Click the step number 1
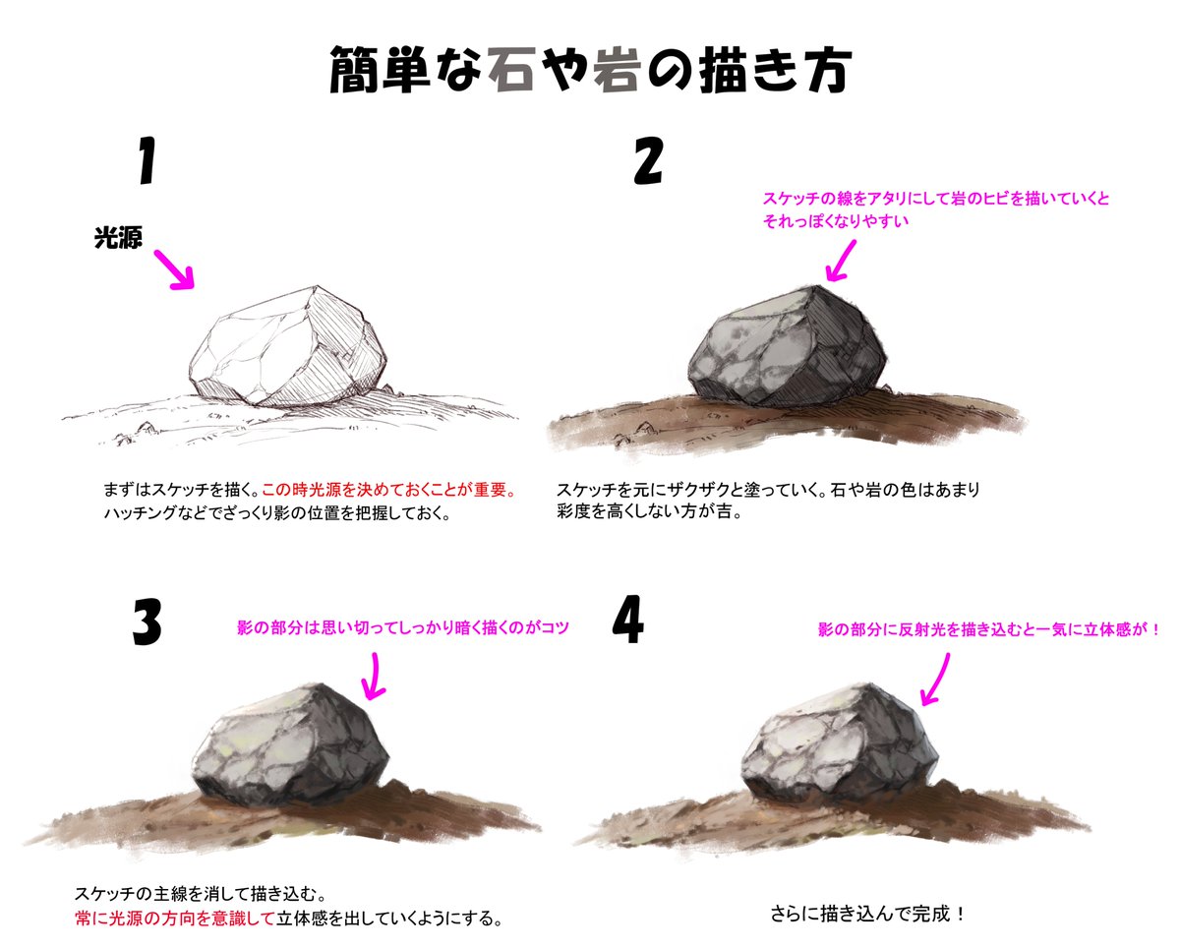tap(147, 160)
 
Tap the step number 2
tap(649, 160)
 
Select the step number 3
tap(147, 622)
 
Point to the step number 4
tap(627, 619)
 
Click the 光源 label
tap(118, 238)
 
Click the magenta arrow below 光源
tap(174, 269)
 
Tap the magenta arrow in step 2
tap(841, 262)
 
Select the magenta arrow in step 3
tap(374, 676)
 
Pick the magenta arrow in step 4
tap(935, 680)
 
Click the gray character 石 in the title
tap(511, 69)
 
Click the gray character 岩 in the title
tap(617, 69)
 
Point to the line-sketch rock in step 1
tap(288, 347)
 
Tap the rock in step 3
tap(291, 744)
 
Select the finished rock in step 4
tap(840, 744)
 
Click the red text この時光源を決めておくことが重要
tap(388, 490)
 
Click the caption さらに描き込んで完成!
tap(867, 914)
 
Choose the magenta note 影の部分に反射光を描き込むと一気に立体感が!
tap(988, 629)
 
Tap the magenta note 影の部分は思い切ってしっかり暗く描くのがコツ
tap(403, 627)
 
